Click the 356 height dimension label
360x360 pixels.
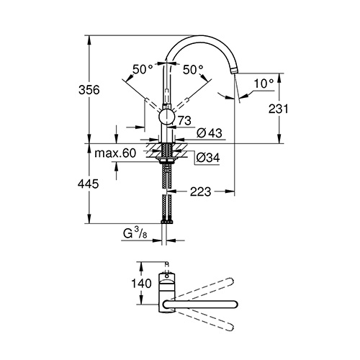pos(89,90)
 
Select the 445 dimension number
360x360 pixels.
pos(88,184)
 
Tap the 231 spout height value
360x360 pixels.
pos(278,109)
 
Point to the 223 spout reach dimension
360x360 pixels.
pos(200,192)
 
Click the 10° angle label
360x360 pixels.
pos(264,84)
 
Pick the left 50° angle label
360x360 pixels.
pos(143,70)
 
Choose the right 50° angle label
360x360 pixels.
pos(193,70)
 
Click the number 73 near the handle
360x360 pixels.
pos(184,120)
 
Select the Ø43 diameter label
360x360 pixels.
pos(210,133)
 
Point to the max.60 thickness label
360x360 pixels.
pos(115,153)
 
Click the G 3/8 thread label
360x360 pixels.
pos(135,233)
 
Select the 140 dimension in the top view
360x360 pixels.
pos(141,284)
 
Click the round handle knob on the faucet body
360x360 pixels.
pos(166,117)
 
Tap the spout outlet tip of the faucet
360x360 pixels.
pos(234,71)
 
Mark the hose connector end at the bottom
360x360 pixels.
pos(166,222)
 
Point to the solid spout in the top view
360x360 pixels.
pos(200,304)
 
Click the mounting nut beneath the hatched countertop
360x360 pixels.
pos(166,161)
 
